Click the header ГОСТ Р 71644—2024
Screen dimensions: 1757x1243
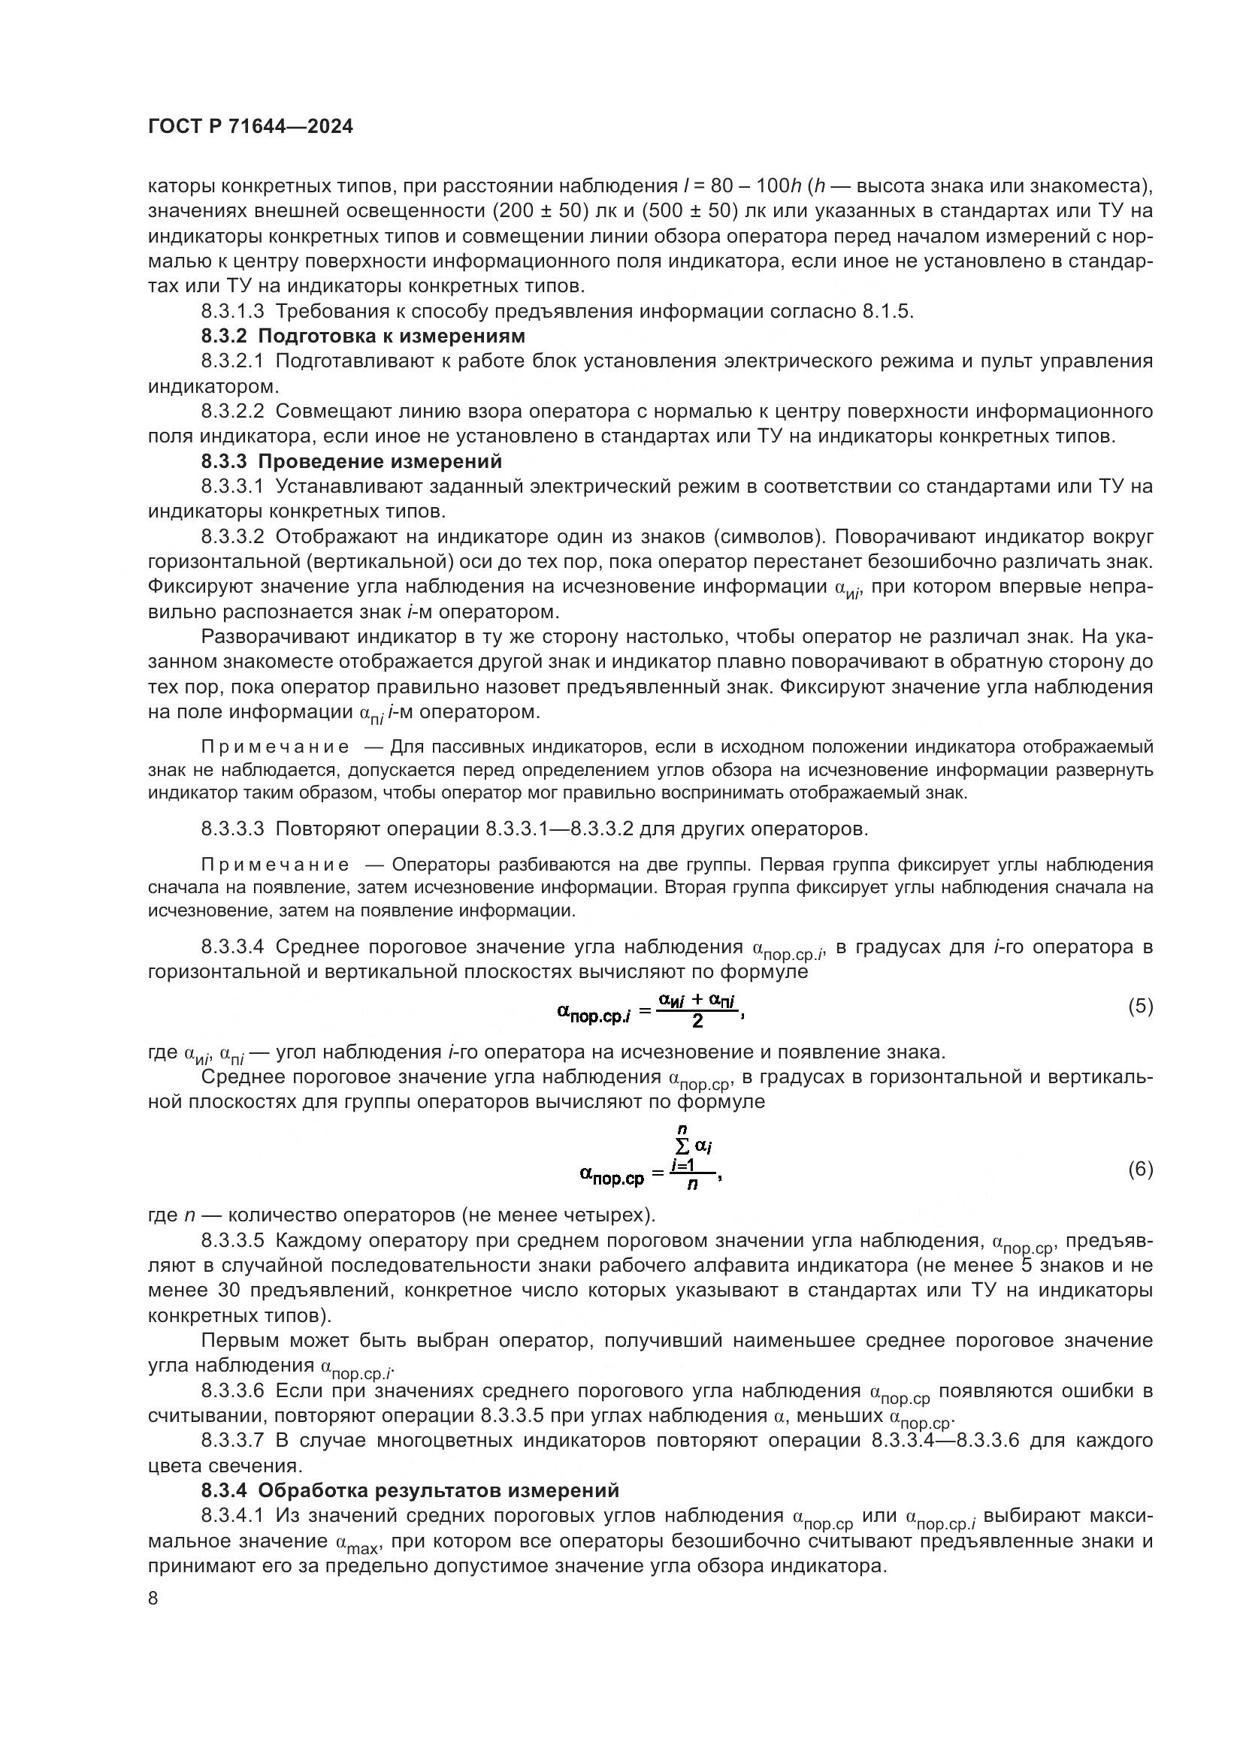[x=250, y=127]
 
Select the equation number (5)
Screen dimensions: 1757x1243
[x=1140, y=1007]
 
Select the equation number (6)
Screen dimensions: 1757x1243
[x=1140, y=1170]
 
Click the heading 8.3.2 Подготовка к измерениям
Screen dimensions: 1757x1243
[x=363, y=336]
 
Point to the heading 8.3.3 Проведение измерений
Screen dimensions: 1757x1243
[x=351, y=461]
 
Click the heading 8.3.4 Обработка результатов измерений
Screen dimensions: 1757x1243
[x=410, y=1490]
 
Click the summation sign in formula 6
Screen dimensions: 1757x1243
[x=681, y=1146]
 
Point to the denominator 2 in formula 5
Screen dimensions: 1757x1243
[x=697, y=1022]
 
